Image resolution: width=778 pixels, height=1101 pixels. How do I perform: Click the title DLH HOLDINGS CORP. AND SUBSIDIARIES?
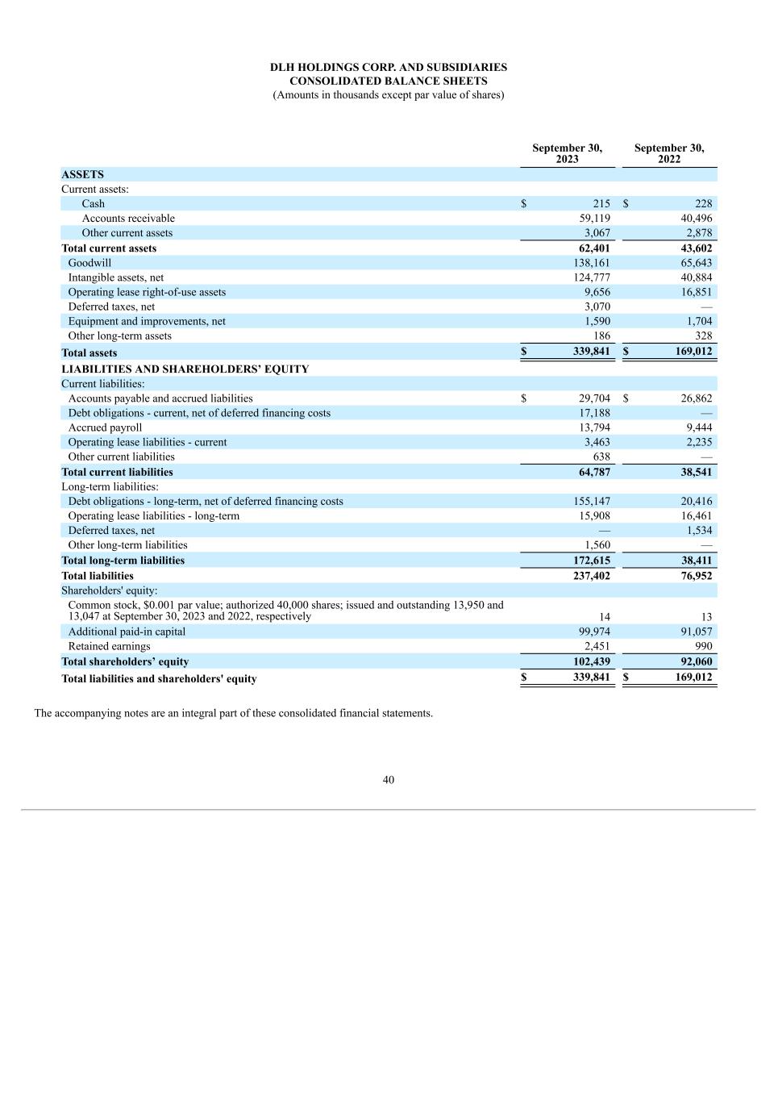point(389,67)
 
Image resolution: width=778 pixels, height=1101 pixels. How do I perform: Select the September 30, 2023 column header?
point(567,153)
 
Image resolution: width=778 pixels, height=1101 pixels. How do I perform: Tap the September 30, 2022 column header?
point(668,153)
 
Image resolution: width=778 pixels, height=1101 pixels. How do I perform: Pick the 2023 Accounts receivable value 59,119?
point(594,219)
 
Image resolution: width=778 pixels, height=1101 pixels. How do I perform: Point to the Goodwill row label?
point(89,263)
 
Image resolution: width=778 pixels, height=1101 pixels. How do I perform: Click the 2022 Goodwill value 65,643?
point(696,263)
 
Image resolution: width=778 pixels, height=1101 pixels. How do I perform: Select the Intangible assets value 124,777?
point(592,277)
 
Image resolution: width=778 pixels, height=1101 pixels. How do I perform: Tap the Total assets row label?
point(89,352)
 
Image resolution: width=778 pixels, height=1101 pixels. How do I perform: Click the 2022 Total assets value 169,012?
point(693,352)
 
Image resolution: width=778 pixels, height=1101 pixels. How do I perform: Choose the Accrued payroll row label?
point(105,427)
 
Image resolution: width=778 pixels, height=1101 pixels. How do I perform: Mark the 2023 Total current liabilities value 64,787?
point(594,472)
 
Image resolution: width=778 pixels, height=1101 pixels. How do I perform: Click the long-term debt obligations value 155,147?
point(592,502)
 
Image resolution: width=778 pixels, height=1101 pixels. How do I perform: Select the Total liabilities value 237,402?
point(591,576)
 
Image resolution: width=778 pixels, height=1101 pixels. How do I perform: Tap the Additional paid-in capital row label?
point(127,632)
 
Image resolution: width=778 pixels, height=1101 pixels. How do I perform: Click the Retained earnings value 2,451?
point(597,646)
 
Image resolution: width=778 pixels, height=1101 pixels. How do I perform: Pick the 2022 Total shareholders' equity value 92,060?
point(696,661)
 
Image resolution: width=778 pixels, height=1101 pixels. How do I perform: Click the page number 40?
point(389,780)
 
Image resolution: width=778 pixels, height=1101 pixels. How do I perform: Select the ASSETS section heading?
point(82,174)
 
